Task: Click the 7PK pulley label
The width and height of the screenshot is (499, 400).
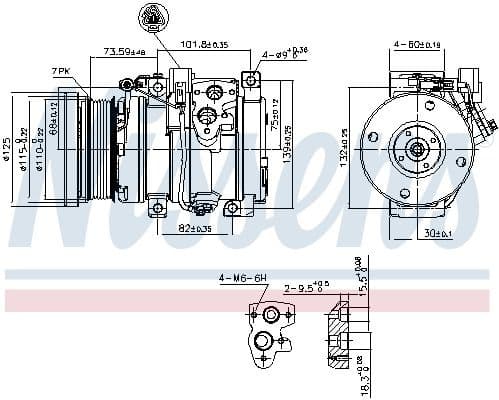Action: tap(62, 71)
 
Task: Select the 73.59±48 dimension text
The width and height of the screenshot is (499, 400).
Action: tap(125, 52)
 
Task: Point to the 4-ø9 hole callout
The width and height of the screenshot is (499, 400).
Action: tap(283, 53)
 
